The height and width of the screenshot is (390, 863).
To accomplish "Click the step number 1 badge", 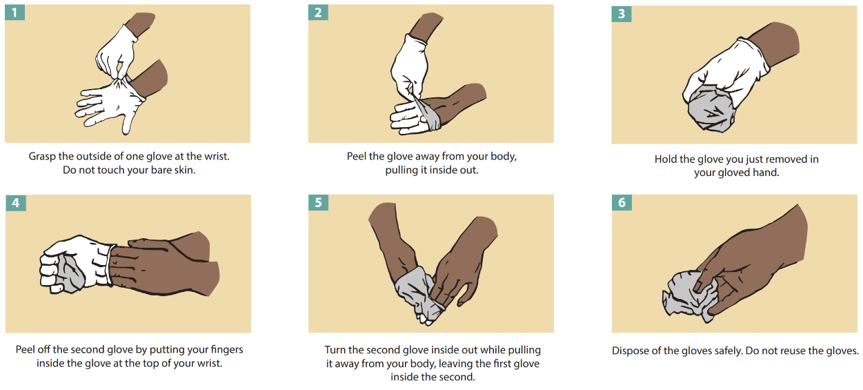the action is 14,12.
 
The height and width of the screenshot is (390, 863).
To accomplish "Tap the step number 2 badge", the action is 318,12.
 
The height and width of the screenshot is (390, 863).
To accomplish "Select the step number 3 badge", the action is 622,14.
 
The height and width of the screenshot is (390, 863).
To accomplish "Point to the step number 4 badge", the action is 16,203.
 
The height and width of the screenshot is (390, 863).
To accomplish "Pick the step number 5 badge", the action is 318,202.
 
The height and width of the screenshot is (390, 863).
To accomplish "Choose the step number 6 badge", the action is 622,202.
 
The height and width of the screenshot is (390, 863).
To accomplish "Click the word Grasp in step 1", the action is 42,157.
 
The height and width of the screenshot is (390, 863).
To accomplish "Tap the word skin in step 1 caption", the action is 186,170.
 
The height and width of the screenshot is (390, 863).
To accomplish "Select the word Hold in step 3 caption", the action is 666,159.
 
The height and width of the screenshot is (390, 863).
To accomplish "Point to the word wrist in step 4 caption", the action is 210,363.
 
